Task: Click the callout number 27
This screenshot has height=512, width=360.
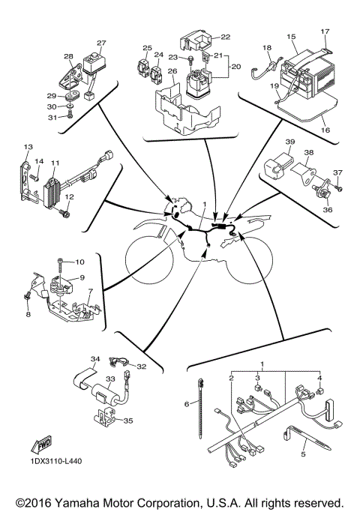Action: pos(101,43)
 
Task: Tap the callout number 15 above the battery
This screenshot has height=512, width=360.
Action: pos(291,35)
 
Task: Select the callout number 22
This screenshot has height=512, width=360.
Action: pos(226,37)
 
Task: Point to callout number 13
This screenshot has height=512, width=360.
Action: pos(28,146)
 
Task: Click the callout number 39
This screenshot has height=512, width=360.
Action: pos(289,142)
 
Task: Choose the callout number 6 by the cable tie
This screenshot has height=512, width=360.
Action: pos(187,404)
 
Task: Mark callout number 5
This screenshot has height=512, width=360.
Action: pos(303,455)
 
